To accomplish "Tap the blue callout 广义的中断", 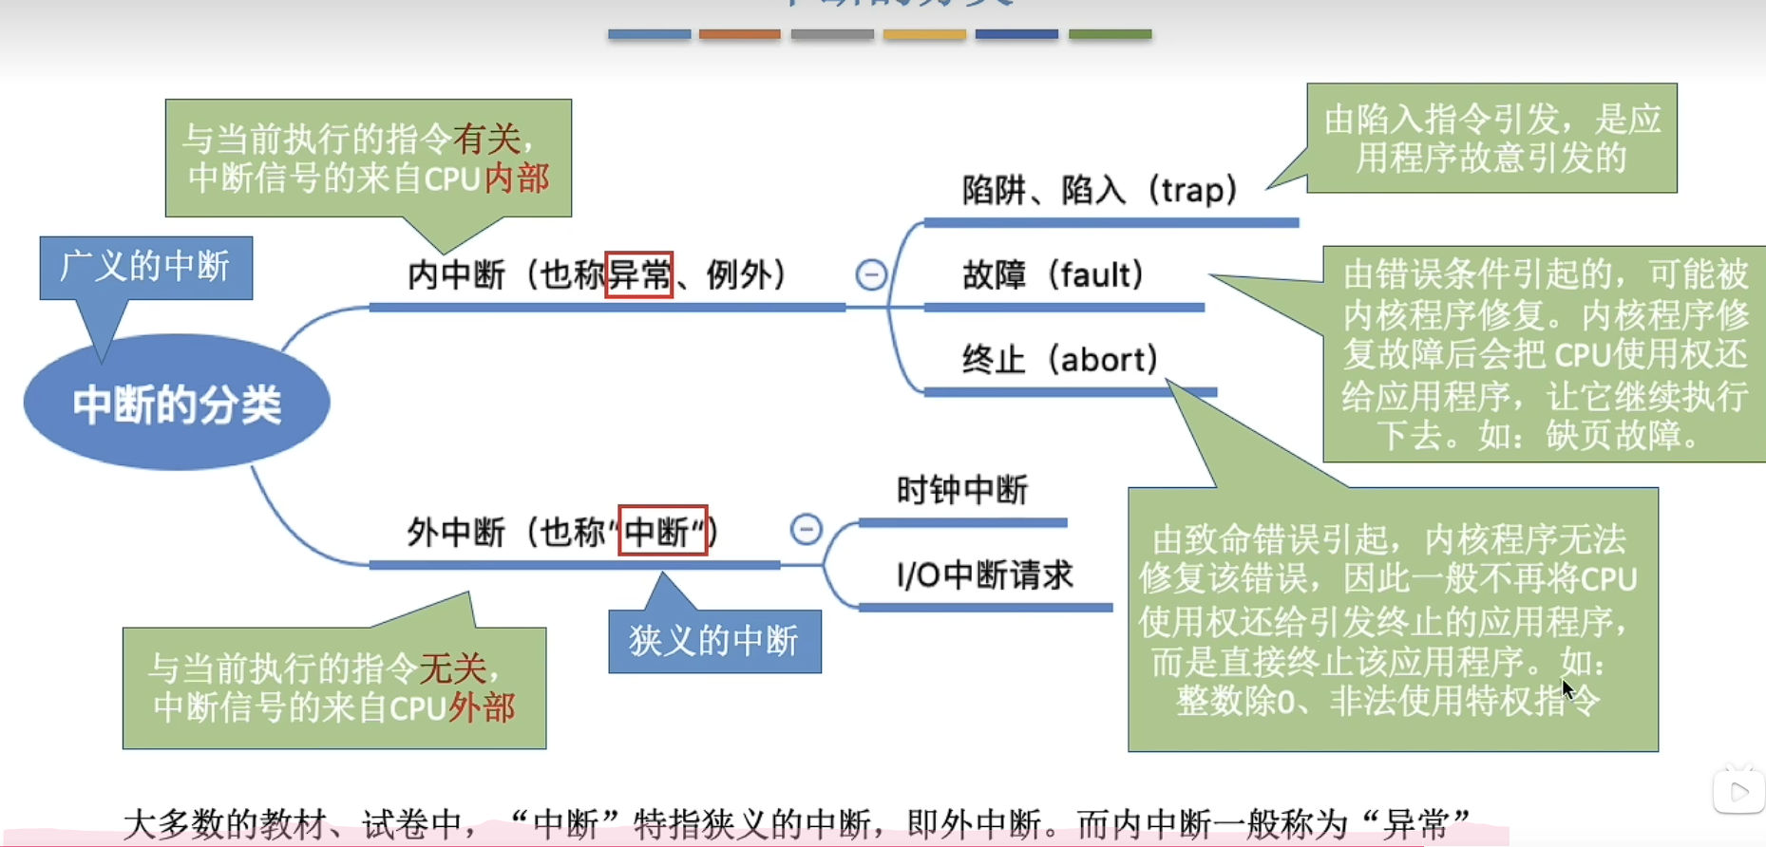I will point(145,267).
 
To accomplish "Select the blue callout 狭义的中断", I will point(714,641).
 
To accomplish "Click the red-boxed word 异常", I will point(638,275).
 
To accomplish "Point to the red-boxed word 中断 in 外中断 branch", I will point(662,531).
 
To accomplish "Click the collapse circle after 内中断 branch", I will point(871,274).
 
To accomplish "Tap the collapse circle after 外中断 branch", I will point(806,529).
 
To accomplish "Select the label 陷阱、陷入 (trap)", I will point(1099,191).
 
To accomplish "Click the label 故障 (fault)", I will point(1053,275).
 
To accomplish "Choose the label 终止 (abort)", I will point(1059,360).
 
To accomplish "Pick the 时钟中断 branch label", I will point(962,490).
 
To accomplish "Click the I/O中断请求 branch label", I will point(984,574).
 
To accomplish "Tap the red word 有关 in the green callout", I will point(486,140).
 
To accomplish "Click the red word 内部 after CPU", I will point(517,179).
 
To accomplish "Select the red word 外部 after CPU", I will point(482,707).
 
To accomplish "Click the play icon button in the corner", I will point(1738,791).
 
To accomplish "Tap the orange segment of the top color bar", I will point(739,34).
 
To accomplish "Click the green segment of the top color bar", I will point(1110,34).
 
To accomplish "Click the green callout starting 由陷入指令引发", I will point(1491,139).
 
